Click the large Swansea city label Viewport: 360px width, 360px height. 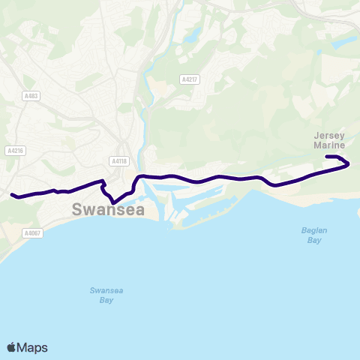pos(109,211)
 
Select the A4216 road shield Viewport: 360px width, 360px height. pos(15,150)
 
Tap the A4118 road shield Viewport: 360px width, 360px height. pos(118,160)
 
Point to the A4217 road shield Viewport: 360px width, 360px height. pos(189,78)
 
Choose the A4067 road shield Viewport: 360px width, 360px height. pos(32,233)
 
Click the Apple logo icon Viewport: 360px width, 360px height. pos(12,347)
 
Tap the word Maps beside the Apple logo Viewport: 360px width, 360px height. pos(32,347)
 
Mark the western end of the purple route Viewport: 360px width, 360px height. pos(13,195)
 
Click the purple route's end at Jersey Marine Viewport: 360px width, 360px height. pos(327,157)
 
